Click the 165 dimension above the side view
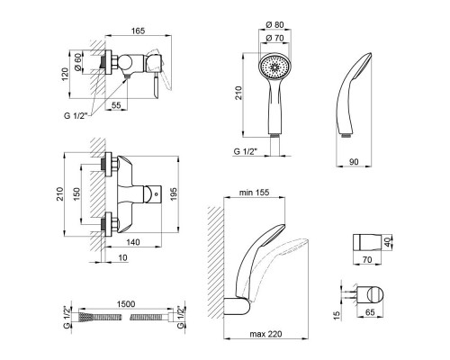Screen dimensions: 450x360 coord(138,31)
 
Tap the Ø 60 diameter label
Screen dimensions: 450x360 coord(77,62)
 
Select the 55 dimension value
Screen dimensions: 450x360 coord(116,105)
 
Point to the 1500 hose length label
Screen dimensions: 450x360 coord(125,304)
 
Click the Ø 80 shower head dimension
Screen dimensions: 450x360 coord(274,24)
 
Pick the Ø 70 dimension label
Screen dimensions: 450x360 coord(274,38)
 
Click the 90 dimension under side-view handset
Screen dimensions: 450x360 coord(354,162)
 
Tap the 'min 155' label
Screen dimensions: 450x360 coord(254,193)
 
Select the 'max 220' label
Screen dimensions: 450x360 coord(265,334)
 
